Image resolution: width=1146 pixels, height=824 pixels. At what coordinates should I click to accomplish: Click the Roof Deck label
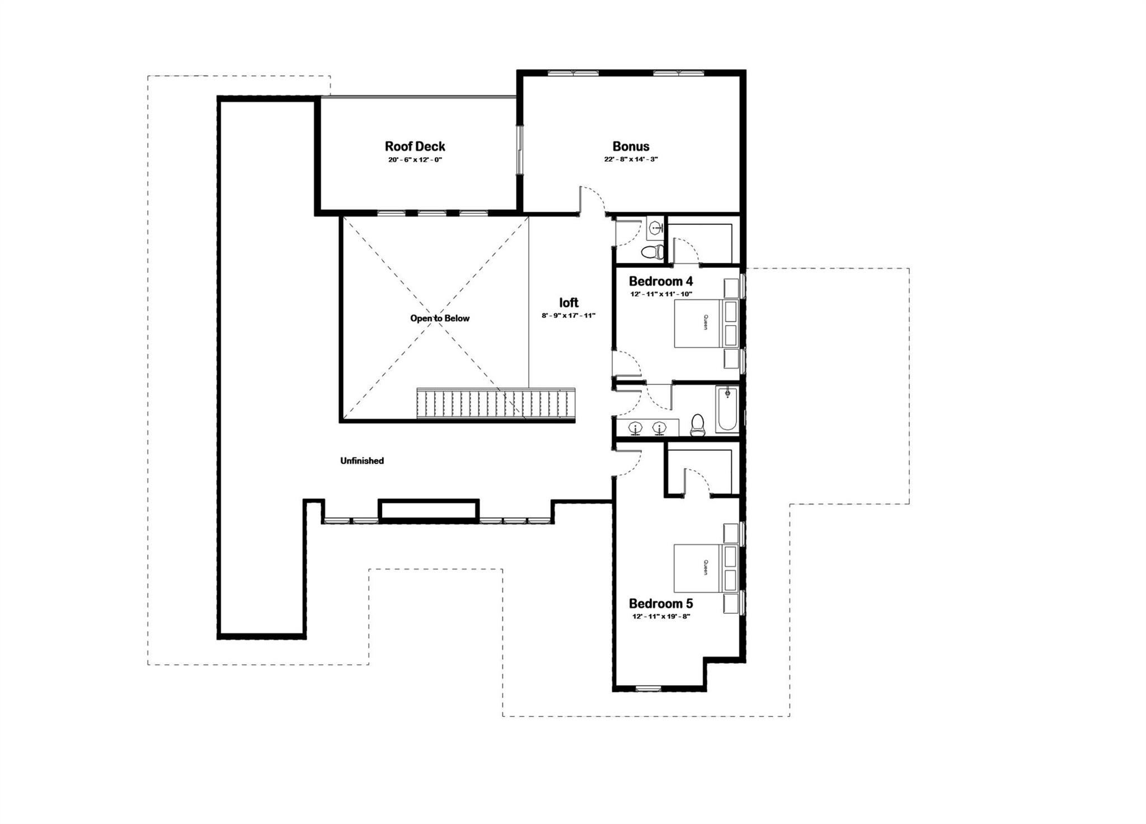coord(415,147)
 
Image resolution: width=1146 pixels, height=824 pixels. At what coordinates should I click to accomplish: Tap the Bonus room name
coord(631,147)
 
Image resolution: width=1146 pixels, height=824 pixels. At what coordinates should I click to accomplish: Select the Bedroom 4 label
coord(660,281)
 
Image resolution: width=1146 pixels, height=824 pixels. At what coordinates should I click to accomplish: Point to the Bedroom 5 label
coord(660,604)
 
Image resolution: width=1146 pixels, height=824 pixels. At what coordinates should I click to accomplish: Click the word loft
coord(569,303)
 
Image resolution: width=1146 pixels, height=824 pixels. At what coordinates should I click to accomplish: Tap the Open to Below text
coord(440,318)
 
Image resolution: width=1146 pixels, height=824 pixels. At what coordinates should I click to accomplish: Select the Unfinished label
coord(362,461)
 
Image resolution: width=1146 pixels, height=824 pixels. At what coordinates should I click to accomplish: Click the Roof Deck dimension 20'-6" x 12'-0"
coord(415,159)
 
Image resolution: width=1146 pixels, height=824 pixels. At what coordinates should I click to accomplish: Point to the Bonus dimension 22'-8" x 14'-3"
coord(631,159)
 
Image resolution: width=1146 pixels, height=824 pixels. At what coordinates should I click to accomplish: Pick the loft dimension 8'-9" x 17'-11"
coord(568,316)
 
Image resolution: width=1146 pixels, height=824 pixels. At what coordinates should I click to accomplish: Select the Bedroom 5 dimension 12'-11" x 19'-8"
coord(660,616)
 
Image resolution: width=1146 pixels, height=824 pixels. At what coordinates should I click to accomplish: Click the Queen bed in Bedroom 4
coord(706,323)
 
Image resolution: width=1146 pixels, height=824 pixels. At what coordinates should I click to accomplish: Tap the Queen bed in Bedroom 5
coord(706,568)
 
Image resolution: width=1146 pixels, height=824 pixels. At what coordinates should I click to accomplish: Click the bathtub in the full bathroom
coord(727,409)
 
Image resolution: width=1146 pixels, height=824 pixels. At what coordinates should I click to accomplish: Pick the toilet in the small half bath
coord(652,251)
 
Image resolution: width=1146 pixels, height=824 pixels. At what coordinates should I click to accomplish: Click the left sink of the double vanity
coord(636,428)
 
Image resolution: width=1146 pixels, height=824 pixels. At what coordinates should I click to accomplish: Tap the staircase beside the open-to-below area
coord(496,403)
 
